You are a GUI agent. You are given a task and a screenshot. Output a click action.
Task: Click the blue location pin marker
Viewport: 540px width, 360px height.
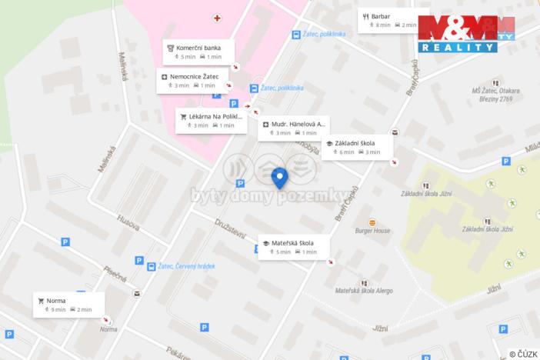click(280, 178)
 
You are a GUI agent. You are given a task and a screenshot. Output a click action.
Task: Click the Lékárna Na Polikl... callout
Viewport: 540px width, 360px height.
click(209, 120)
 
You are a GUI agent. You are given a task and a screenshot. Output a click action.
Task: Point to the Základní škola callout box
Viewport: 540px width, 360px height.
click(356, 147)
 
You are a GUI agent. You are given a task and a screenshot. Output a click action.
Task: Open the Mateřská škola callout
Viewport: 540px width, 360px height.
click(293, 247)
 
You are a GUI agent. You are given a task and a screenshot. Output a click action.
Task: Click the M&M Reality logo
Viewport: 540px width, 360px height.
click(466, 33)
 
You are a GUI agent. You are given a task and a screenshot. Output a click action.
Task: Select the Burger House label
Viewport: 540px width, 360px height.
click(373, 230)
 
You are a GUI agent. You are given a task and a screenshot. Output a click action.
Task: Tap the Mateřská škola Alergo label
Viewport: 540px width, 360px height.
click(364, 292)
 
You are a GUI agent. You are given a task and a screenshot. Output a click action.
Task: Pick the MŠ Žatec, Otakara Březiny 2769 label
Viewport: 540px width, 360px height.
click(495, 95)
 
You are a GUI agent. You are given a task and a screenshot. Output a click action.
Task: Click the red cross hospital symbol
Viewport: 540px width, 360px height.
click(218, 17)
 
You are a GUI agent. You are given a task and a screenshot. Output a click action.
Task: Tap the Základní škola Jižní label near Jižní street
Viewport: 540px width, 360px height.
click(487, 229)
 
